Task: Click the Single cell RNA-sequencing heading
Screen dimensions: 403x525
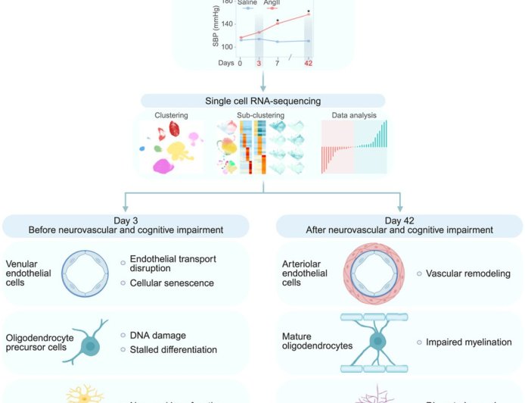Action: [262, 101]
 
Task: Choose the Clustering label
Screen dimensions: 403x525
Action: [172, 116]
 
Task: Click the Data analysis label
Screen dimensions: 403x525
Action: [356, 116]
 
